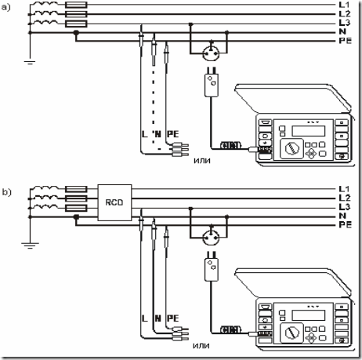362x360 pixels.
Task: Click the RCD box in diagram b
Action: coord(114,202)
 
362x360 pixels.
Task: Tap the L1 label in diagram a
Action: coord(344,5)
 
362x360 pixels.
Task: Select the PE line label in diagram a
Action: coord(346,41)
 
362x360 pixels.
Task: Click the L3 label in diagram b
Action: coord(345,207)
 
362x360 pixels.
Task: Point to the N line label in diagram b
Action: coord(342,216)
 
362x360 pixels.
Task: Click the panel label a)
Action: coord(5,8)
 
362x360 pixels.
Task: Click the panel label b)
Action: coord(7,192)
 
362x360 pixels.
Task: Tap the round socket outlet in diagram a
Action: coord(211,53)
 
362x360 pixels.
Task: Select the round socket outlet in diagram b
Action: coord(211,238)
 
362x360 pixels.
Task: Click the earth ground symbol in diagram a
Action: coord(30,62)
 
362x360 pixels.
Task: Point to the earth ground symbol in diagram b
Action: coord(30,245)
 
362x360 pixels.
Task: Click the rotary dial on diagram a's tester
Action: coord(291,149)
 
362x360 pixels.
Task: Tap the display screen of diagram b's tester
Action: coord(309,315)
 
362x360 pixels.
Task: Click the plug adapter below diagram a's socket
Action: coord(211,82)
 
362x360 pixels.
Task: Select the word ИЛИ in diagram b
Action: coord(201,346)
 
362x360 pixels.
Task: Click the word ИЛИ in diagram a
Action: coord(202,161)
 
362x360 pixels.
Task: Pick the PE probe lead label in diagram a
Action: coord(172,134)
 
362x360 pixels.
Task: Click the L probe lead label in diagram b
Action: coord(144,318)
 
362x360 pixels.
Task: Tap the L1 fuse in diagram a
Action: coord(76,5)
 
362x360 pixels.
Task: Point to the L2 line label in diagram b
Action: coord(345,198)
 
